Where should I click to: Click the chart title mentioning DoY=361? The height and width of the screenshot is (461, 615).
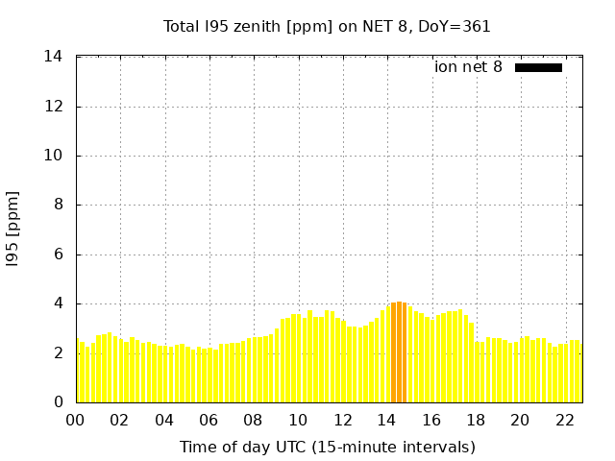point(327,27)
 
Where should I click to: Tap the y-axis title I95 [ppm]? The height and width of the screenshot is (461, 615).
point(12,230)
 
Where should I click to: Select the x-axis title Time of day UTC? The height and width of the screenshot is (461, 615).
point(327,447)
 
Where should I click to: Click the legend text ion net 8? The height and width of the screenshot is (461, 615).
point(468,67)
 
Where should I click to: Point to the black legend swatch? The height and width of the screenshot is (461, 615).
point(538,67)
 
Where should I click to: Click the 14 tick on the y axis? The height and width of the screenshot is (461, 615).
point(54,57)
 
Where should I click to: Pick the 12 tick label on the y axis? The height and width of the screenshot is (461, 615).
point(54,107)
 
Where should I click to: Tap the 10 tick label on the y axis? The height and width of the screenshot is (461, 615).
point(54,156)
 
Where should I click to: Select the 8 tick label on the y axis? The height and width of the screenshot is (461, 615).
point(59,205)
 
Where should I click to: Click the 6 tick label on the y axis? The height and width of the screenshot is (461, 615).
point(59,255)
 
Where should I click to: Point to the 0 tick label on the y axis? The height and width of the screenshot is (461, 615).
point(59,402)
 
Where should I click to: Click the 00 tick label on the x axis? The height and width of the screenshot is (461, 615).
point(76,420)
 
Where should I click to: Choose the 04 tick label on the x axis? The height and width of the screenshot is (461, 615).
point(164,420)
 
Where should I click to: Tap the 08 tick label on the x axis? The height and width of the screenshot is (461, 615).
point(254,420)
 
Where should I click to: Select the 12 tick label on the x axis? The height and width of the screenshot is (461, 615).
point(342,420)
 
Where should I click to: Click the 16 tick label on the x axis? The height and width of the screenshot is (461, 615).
point(431,420)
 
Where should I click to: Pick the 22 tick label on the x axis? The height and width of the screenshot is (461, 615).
point(565,420)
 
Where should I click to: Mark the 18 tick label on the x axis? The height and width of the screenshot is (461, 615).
point(476,420)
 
